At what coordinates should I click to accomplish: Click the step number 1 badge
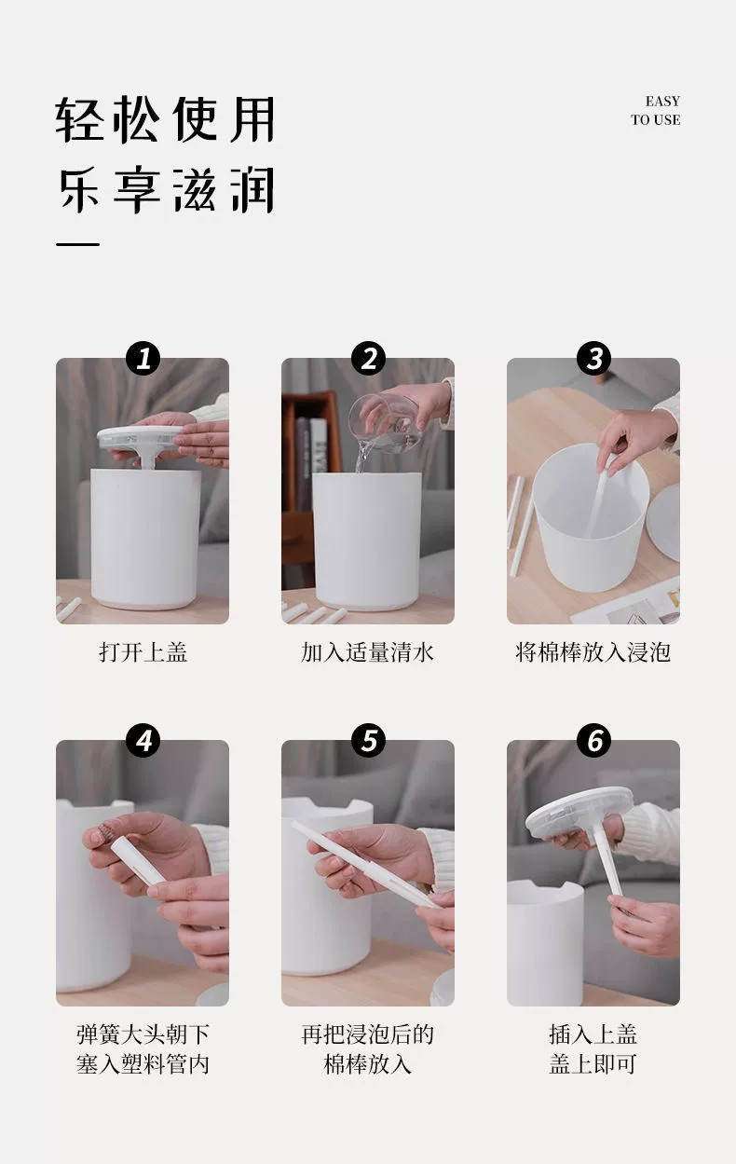point(143,358)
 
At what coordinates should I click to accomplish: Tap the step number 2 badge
point(368,358)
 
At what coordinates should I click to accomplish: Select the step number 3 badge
point(593,358)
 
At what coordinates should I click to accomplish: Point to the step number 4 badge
point(143,740)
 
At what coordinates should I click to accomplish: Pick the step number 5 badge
point(368,740)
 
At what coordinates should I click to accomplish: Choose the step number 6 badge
point(593,740)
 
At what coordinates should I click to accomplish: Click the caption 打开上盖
point(143,652)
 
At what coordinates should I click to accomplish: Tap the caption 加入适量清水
point(368,652)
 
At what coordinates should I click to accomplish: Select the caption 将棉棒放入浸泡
point(593,652)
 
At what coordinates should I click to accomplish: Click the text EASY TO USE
point(656,110)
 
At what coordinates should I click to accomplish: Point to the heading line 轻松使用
point(165,119)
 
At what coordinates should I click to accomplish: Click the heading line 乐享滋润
point(165,190)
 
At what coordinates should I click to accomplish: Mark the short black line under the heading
point(77,244)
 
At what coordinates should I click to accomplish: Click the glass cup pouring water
point(386,422)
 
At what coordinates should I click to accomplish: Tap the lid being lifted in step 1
point(142,440)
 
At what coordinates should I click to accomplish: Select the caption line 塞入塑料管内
point(143,1063)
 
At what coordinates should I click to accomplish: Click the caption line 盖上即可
point(593,1063)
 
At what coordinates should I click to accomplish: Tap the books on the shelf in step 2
point(312,462)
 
